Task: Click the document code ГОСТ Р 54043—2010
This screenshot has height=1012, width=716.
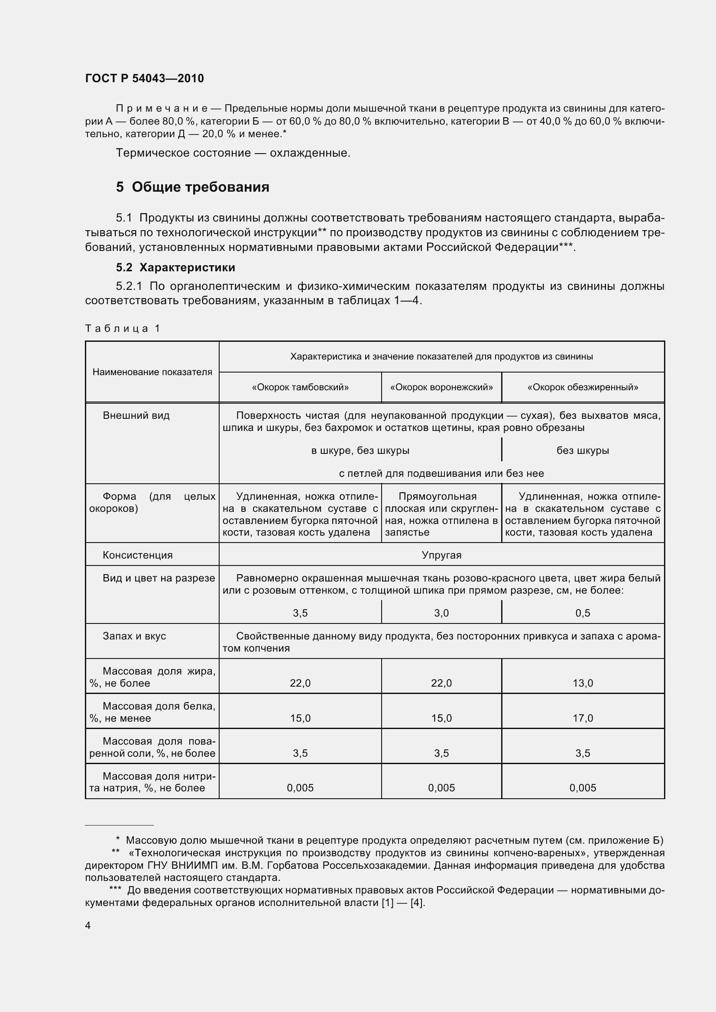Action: pyautogui.click(x=144, y=78)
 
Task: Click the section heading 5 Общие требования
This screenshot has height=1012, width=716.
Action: pyautogui.click(x=192, y=187)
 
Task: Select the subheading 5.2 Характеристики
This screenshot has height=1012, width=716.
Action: pyautogui.click(x=175, y=267)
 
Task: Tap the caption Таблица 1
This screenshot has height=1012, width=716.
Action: pyautogui.click(x=122, y=328)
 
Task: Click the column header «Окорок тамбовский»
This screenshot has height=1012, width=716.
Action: pyautogui.click(x=300, y=387)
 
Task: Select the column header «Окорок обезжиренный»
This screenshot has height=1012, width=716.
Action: pyautogui.click(x=582, y=387)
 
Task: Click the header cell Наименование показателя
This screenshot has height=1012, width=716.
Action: pyautogui.click(x=152, y=372)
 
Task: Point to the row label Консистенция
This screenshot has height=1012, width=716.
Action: pyautogui.click(x=138, y=555)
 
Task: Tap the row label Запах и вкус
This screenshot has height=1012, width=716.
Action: pyautogui.click(x=134, y=636)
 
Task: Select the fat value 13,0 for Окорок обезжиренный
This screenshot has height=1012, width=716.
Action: pyautogui.click(x=582, y=683)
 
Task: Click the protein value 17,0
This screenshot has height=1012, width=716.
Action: pyautogui.click(x=582, y=718)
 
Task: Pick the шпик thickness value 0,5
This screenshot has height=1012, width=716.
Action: pyautogui.click(x=582, y=613)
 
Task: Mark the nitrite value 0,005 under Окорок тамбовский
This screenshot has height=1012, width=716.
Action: pyautogui.click(x=300, y=787)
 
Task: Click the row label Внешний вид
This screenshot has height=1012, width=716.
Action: pyautogui.click(x=136, y=415)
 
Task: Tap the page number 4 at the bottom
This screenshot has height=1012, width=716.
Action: pyautogui.click(x=88, y=925)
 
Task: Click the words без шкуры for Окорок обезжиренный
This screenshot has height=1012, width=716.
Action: pyautogui.click(x=582, y=450)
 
